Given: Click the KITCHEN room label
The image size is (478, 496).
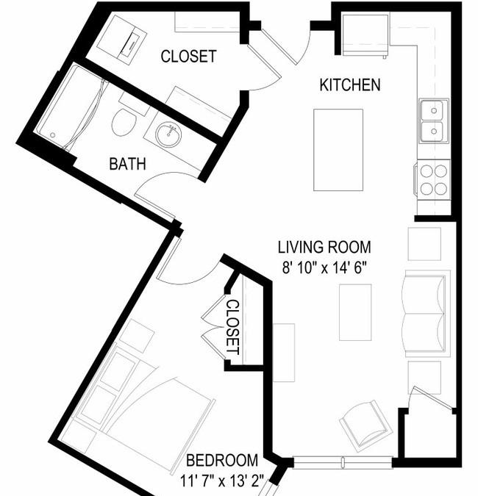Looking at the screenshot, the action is pos(350,85).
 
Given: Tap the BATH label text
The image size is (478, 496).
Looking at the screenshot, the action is pos(127,164).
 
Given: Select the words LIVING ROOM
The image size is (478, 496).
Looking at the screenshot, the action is pos(324,248).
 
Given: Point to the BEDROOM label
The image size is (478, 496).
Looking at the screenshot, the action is pos(222,461).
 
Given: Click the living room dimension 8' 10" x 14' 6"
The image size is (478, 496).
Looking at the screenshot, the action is pos(324,268).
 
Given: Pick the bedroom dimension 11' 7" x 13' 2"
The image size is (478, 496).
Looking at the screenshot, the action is pos(222,481).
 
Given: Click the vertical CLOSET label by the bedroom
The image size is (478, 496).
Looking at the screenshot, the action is pos(234,328).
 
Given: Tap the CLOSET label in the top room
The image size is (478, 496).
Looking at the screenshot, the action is pos(189,57).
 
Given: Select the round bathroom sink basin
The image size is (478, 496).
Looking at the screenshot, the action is pos(168,135).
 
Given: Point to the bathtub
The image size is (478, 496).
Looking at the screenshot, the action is pos(71,107).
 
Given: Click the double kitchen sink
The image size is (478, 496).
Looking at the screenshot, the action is pos(434,121).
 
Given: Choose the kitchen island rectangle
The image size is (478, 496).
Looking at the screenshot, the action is pos(338,150).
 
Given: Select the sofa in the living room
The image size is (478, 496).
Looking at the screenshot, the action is pos(426,314).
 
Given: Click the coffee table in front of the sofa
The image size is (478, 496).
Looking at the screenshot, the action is pos(355,312).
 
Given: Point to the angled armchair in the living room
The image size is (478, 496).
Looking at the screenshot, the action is pos(366,425).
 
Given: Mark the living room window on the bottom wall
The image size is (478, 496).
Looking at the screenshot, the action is pos(343,462).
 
